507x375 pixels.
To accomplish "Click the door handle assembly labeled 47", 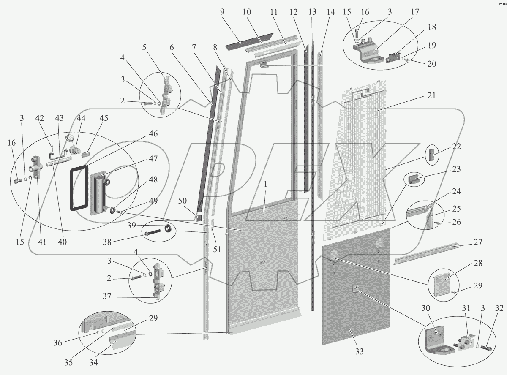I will (x=99, y=192).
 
